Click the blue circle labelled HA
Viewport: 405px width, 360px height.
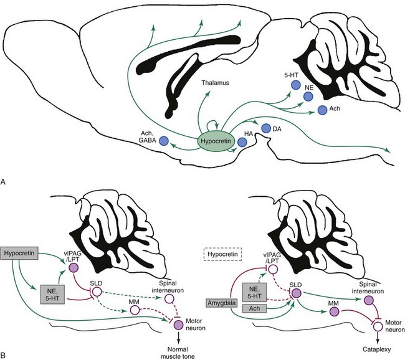242,143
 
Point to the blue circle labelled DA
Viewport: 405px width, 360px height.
266,128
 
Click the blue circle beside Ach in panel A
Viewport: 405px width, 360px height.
322,110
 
